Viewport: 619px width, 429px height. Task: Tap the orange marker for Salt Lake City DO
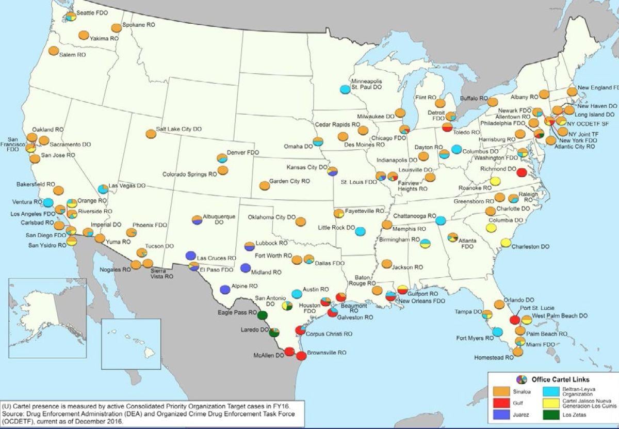click(151, 133)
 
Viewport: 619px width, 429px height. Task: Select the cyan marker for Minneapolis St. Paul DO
click(346, 89)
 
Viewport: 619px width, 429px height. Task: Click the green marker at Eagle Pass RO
click(263, 315)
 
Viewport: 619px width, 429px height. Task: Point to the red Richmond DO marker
click(522, 172)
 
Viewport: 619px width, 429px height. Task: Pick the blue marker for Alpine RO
click(225, 289)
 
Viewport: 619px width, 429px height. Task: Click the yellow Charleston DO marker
click(506, 243)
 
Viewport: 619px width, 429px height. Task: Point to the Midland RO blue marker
click(246, 268)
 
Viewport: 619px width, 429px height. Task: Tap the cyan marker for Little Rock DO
click(361, 231)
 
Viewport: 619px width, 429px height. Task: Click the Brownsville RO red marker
click(302, 355)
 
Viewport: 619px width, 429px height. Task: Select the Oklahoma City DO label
click(271, 217)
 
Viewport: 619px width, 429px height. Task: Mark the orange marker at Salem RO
click(53, 51)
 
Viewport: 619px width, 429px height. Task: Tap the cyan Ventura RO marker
click(48, 202)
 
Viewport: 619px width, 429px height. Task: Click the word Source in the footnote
click(13, 414)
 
